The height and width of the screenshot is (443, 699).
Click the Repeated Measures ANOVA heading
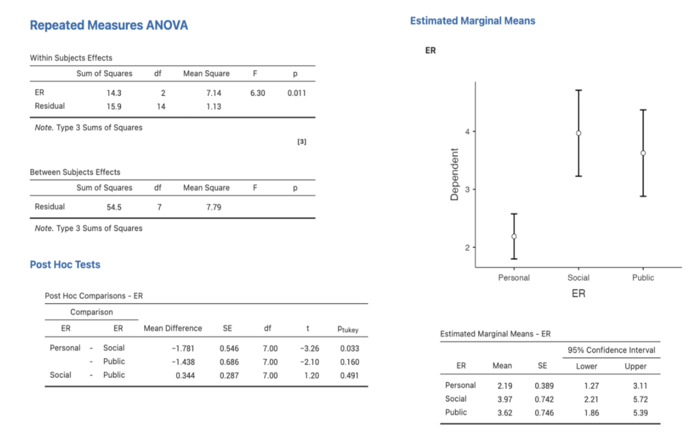109,25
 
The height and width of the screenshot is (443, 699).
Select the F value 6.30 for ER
257,93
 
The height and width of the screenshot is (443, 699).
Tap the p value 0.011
296,93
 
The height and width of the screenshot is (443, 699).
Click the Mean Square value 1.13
214,107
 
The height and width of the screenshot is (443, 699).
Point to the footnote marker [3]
302,141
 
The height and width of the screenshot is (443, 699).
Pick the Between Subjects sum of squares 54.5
114,207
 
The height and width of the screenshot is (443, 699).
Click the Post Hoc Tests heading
65,264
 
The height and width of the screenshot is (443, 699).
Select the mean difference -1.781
183,348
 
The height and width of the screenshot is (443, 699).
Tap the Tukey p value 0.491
349,375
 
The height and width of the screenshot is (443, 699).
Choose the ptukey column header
348,329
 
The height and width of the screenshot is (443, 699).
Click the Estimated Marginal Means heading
472,21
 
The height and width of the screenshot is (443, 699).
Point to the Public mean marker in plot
643,153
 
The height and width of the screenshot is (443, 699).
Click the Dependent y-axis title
454,174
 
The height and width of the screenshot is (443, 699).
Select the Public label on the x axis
643,278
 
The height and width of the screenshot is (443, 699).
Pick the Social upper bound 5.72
640,399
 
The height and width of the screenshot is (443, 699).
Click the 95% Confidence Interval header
611,350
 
